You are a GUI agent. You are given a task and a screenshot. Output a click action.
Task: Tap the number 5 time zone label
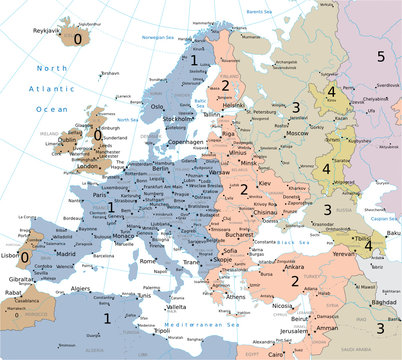coord(380,56)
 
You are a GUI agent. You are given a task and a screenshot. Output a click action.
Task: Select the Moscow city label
coord(297,132)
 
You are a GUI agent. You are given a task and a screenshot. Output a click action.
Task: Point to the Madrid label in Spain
coord(65,254)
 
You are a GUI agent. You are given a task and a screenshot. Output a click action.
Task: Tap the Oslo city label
coord(157,106)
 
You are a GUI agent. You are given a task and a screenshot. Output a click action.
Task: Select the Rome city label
coord(148,261)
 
